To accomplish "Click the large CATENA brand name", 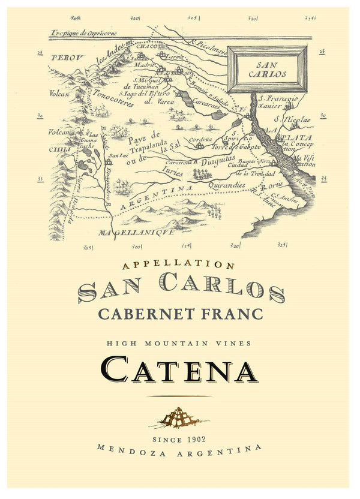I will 180,369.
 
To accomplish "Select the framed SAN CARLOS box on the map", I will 271,70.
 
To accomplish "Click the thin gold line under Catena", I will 179,396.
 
